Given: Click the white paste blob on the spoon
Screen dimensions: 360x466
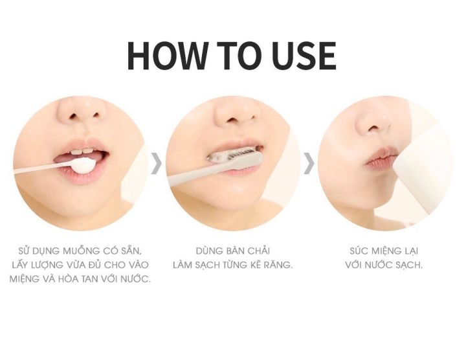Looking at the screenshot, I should click(82, 165).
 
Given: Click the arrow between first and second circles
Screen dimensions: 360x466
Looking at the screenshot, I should click(157, 163).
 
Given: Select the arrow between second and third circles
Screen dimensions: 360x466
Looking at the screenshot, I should click(309, 163).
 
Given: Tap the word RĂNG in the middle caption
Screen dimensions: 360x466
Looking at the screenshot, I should click(280, 265).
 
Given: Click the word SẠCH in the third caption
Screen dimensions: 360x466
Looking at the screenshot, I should click(409, 265).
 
